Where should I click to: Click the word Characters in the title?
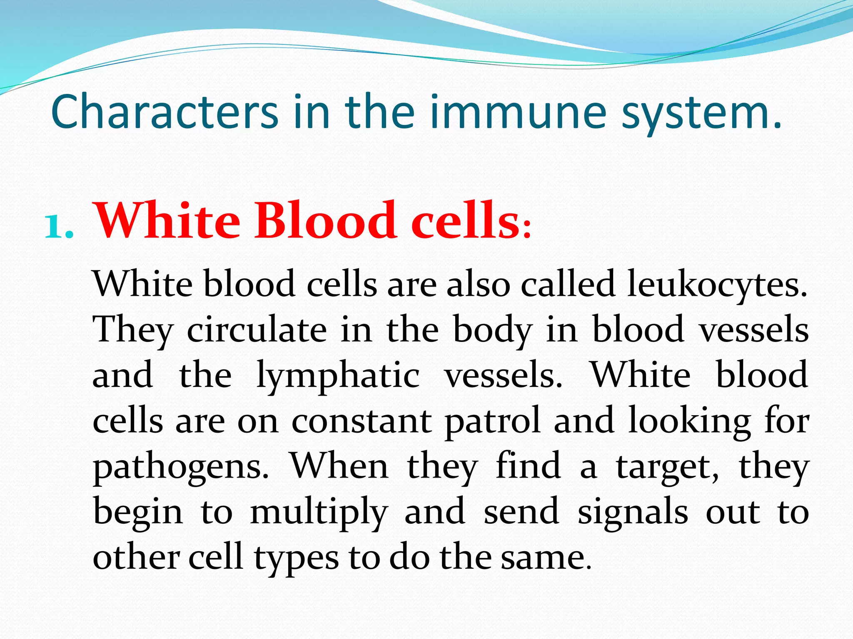(165, 111)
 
